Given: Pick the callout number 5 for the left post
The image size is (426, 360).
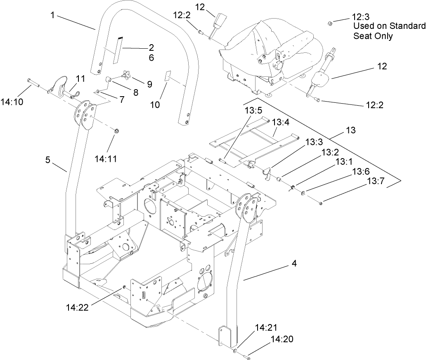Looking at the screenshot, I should tap(48, 160).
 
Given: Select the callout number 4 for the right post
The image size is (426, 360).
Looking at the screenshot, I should tap(294, 263).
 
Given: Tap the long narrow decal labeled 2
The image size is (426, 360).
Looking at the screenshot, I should tap(118, 50).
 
